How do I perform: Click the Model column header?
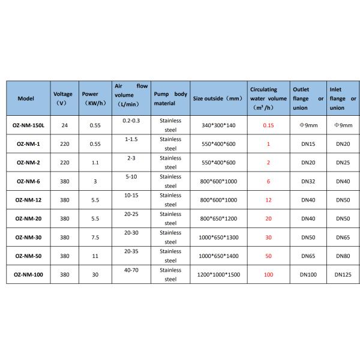(26, 98)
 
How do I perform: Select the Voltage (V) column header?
(62, 98)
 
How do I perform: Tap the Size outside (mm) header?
(217, 98)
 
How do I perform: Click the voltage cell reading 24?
(62, 125)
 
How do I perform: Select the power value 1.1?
(94, 162)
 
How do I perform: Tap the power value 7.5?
(94, 237)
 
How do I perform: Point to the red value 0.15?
(268, 125)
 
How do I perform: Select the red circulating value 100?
(268, 275)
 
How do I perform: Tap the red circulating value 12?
(268, 200)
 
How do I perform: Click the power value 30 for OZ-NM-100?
(94, 275)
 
